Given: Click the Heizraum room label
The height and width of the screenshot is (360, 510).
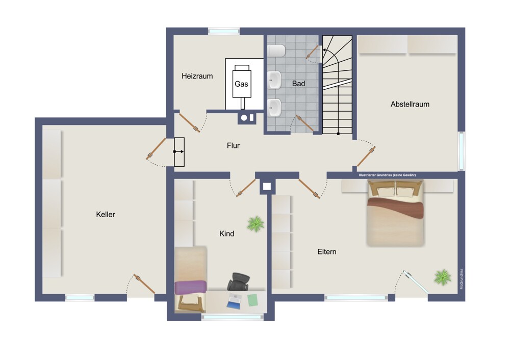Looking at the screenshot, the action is click(197, 76).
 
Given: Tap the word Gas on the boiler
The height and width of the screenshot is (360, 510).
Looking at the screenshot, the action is click(241, 84).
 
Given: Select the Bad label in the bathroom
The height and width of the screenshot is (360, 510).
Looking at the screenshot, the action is click(298, 84).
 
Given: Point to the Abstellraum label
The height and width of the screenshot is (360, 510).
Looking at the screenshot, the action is click(410, 104).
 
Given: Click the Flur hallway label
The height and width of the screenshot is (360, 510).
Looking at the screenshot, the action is click(233, 146).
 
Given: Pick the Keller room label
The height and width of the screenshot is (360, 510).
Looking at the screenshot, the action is click(106, 214).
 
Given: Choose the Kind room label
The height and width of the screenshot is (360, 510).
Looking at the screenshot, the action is click(226, 234).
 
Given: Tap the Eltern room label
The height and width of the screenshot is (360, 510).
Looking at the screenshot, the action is click(326, 252).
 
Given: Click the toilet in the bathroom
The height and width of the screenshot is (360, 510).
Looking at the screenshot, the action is click(276, 50).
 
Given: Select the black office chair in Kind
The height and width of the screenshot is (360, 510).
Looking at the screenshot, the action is click(239, 281).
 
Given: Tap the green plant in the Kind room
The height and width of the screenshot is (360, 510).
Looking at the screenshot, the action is click(256, 224).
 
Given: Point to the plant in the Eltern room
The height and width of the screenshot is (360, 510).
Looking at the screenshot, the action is click(443, 277).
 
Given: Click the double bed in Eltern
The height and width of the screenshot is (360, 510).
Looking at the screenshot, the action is click(395, 213).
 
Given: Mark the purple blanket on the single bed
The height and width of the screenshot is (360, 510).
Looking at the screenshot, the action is click(191, 287).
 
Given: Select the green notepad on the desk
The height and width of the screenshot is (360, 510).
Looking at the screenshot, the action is click(252, 300).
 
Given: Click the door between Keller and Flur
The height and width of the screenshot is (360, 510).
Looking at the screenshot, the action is click(156, 148).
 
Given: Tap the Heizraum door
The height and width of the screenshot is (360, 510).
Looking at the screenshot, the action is click(189, 122).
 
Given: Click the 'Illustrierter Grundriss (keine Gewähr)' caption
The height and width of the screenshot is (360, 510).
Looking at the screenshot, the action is click(387, 175).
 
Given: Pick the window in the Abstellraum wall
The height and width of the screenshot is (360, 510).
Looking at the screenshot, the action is click(461, 151).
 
